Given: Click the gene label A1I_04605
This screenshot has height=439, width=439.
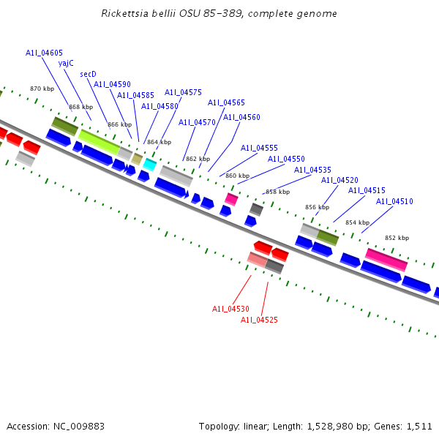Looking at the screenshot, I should coord(44,53).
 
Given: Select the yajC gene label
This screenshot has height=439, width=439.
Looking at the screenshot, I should coord(66,63).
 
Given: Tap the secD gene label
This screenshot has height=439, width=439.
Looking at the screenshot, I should coord(88,74).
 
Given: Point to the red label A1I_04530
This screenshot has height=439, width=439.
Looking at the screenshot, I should coord(230,309).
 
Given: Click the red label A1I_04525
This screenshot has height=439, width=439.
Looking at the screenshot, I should coord(259,320).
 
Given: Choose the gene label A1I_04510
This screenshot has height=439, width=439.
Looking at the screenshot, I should coord(394,201).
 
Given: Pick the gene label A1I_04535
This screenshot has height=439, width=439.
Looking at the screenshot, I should coord(312,170).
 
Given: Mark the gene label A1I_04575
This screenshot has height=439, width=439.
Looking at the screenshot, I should coord(183,92).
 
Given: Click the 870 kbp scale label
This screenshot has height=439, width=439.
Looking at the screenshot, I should coord(42,89).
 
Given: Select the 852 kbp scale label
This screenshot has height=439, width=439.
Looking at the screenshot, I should coord(397,238).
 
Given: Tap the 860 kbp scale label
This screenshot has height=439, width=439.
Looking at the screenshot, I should coord(237,176).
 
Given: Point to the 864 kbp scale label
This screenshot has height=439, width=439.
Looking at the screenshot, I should coord(159,142).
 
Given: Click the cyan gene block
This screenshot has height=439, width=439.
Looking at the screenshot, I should coord(149,165).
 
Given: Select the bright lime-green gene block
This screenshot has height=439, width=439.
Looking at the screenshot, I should coord(99,142).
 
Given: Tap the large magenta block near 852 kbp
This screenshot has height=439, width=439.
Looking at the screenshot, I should coord(386,259).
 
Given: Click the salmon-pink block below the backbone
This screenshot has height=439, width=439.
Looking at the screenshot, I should coord(257,259).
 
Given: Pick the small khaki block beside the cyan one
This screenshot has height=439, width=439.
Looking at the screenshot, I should coord(137,158).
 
